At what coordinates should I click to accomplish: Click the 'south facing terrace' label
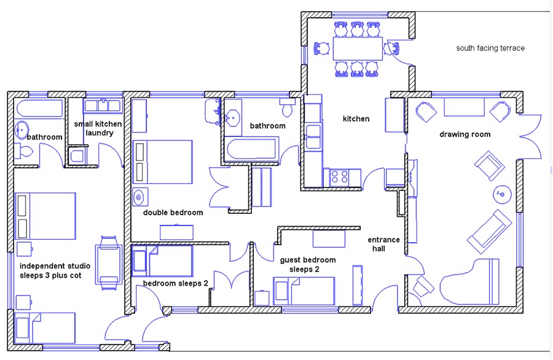(490, 48)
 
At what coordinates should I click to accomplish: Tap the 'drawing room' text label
(465, 135)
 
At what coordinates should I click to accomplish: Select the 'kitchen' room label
(356, 119)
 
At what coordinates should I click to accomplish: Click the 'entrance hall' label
(383, 244)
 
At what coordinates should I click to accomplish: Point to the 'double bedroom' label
(173, 213)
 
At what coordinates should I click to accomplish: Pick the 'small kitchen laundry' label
(98, 128)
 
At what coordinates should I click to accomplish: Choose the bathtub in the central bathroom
(251, 150)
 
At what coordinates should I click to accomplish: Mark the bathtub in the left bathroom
(39, 109)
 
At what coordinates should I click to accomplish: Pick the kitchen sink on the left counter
(313, 135)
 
